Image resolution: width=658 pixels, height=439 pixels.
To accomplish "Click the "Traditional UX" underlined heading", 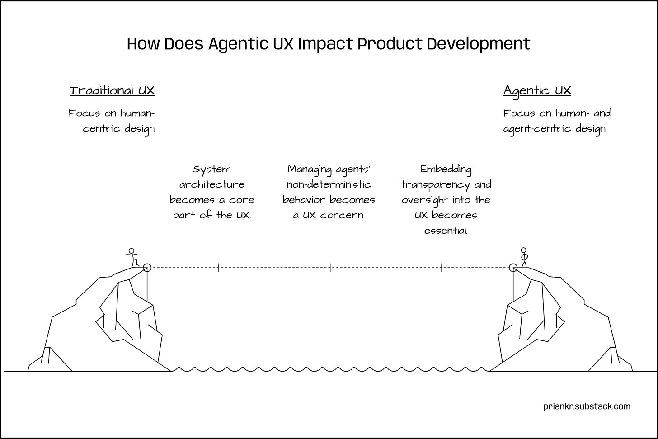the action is (x=112, y=90).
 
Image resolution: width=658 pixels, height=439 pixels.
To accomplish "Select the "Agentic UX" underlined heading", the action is (x=537, y=90).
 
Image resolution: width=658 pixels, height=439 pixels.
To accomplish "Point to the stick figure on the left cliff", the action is (x=132, y=258).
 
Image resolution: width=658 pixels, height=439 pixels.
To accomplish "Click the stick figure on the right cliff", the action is (x=524, y=257).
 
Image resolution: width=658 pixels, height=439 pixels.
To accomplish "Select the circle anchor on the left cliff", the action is (x=146, y=268).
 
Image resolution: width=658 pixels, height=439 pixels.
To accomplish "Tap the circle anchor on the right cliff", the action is (x=513, y=268).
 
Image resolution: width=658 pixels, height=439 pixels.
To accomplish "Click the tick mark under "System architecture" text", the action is (x=219, y=268).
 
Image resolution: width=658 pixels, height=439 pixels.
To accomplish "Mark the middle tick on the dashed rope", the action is (x=330, y=268).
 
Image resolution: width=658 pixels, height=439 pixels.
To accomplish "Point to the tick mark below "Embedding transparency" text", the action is (x=442, y=268).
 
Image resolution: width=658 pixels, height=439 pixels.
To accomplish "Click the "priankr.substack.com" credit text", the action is (x=587, y=406).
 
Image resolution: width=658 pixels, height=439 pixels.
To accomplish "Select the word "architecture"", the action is (x=211, y=184).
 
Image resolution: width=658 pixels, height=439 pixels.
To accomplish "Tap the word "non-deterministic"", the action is (x=329, y=184).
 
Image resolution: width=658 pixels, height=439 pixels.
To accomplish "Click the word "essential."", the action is (x=446, y=231).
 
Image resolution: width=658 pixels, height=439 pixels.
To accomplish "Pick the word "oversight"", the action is (x=423, y=200).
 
